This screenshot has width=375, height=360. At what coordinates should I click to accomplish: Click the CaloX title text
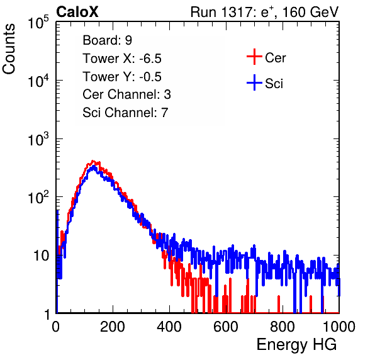[77, 12]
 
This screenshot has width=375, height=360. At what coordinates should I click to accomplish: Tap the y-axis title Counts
[9, 49]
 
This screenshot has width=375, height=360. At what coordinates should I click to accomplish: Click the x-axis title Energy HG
[296, 345]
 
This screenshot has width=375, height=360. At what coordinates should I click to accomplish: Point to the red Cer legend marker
[254, 57]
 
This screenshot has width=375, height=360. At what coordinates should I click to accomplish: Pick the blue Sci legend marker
[254, 82]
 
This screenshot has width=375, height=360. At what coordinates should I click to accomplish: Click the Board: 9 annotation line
[107, 40]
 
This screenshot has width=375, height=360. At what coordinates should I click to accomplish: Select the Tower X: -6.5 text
[122, 59]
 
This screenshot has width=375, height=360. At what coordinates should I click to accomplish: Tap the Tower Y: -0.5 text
[122, 77]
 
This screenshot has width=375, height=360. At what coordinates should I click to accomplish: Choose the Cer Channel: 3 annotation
[126, 94]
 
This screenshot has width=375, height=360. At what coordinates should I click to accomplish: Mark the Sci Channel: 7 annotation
[125, 113]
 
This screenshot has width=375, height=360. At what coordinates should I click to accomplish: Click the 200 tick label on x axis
[113, 327]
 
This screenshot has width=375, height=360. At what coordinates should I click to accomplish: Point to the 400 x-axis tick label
[169, 327]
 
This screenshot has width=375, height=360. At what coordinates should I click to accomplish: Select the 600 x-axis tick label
[226, 327]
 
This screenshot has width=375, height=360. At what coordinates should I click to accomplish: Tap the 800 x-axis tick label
[283, 327]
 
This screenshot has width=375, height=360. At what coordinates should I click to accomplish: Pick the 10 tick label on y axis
[41, 256]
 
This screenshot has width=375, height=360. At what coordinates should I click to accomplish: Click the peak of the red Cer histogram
[93, 161]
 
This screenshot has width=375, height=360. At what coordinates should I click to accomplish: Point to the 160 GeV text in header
[310, 12]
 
